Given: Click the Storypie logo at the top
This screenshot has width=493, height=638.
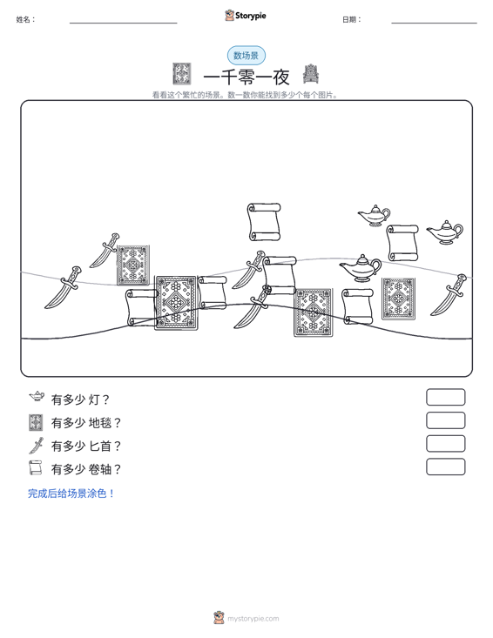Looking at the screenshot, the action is click(x=246, y=16).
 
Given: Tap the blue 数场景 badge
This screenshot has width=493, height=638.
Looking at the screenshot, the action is click(x=246, y=56).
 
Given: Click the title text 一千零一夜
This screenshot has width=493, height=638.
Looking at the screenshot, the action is click(x=246, y=77).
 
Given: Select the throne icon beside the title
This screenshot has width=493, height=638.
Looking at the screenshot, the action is click(x=311, y=74).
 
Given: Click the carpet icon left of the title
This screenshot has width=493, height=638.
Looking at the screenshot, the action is click(x=181, y=74).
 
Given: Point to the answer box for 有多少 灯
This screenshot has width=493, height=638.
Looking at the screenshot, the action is click(x=445, y=397).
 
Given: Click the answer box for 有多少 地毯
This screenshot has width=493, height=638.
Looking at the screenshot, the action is click(x=445, y=420).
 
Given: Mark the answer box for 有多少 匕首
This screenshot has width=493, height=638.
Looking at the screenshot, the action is click(x=445, y=444).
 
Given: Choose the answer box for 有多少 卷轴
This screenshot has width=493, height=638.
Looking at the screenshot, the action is click(x=445, y=467).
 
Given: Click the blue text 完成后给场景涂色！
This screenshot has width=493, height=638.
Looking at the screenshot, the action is click(x=71, y=494).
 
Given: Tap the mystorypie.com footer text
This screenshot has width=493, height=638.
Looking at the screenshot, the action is click(x=253, y=619).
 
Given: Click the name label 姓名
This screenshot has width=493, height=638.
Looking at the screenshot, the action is click(x=25, y=19).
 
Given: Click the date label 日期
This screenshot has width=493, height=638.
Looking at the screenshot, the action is click(x=352, y=19).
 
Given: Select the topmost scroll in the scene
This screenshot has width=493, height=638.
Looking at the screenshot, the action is click(x=264, y=222).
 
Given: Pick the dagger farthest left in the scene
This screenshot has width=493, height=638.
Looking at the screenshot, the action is click(x=64, y=287).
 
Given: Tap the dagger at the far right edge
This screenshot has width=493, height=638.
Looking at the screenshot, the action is click(x=449, y=295).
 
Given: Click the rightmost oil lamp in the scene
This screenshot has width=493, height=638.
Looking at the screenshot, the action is click(x=445, y=232).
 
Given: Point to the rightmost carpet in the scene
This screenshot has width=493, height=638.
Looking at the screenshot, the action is click(x=398, y=299).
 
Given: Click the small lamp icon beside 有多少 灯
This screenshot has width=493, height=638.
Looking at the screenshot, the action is click(x=37, y=396).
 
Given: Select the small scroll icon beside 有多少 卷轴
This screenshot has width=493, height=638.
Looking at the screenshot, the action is click(x=36, y=467).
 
